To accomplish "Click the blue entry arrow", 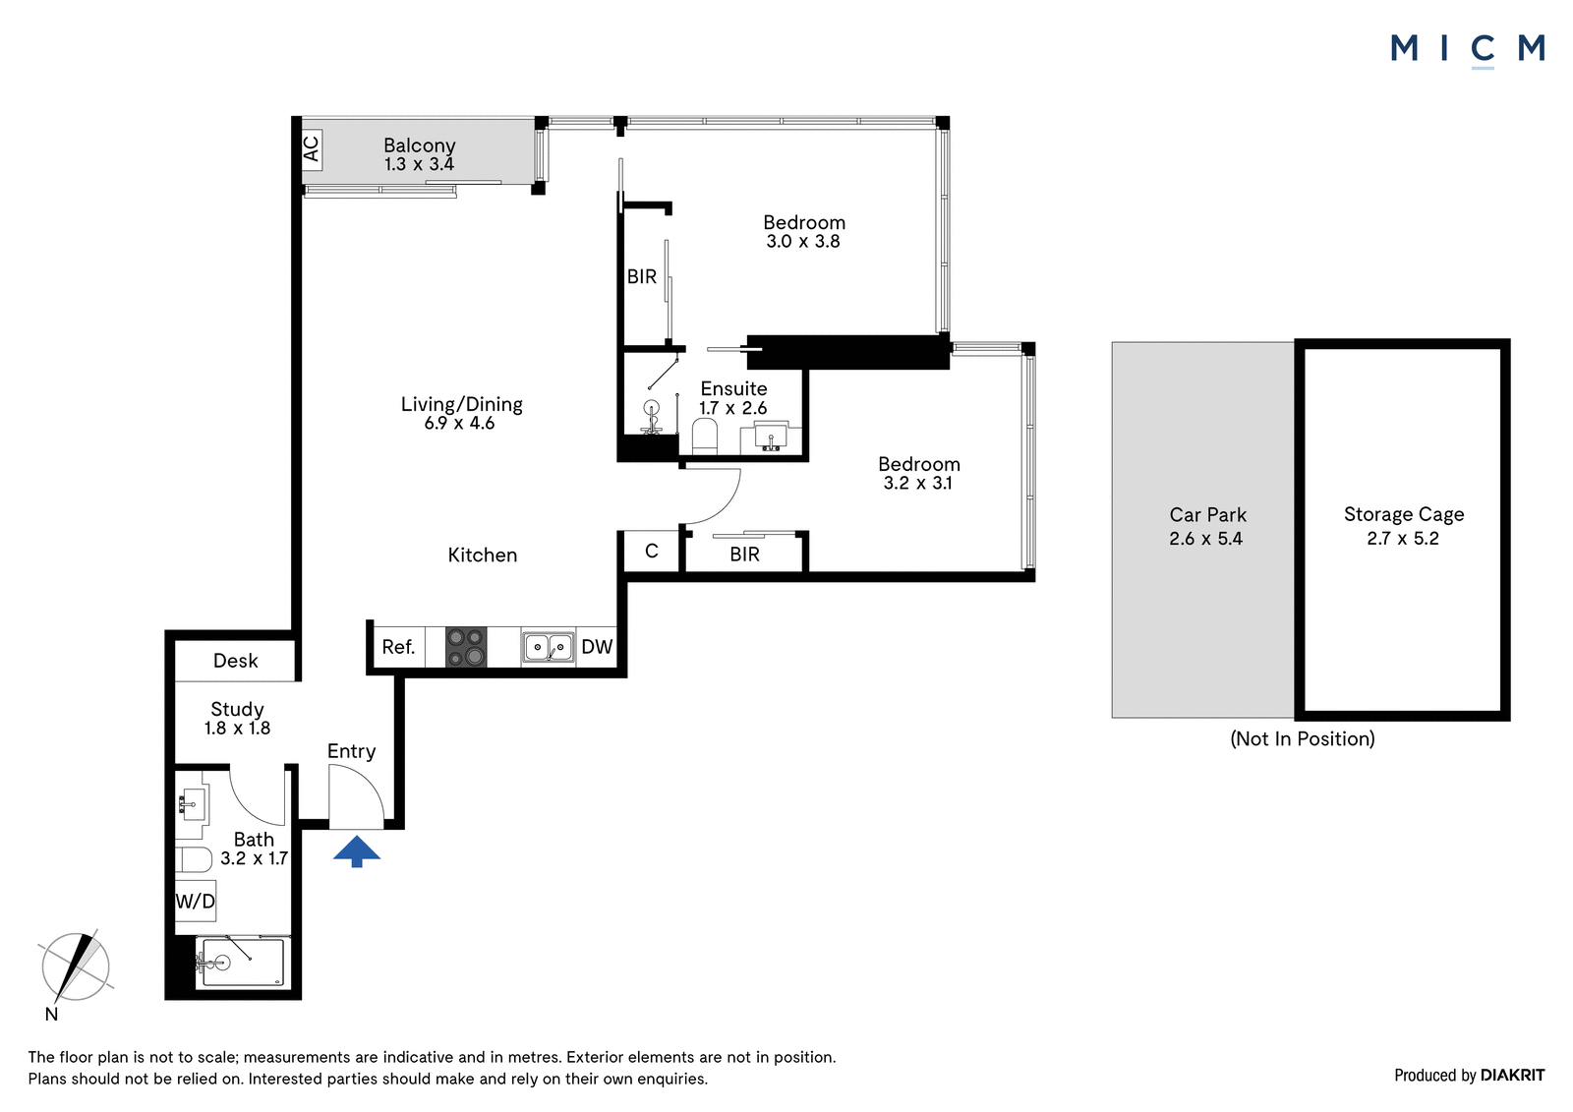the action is click(357, 850).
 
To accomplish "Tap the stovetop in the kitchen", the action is click(466, 646).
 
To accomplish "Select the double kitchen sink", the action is click(548, 646).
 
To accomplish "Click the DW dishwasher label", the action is click(597, 646).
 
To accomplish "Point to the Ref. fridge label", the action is click(398, 646).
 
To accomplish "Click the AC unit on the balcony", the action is click(312, 148).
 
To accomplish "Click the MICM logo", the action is click(1467, 50).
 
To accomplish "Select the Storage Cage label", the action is click(1404, 514).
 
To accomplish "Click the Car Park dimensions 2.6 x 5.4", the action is click(1205, 539).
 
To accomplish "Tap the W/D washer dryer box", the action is click(196, 901).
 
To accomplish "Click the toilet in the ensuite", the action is click(704, 437).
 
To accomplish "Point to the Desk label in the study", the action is click(235, 661).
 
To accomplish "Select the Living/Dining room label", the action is click(461, 404).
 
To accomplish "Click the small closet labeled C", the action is click(652, 552).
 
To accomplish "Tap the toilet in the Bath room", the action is click(194, 859).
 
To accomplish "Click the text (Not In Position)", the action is click(1303, 739).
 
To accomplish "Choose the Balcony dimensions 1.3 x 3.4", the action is click(419, 164).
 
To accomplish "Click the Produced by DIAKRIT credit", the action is click(1469, 1076).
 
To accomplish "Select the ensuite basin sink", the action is click(771, 437).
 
